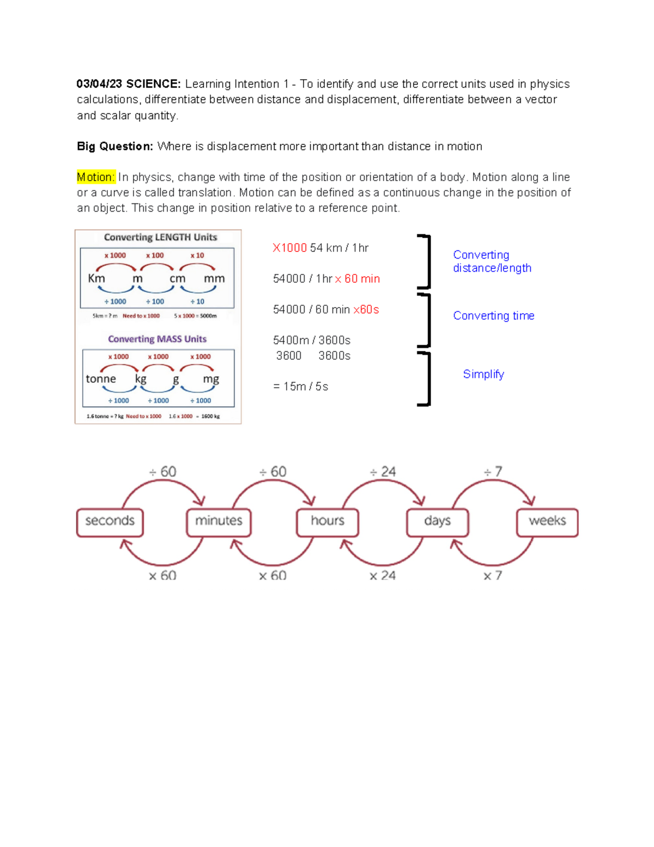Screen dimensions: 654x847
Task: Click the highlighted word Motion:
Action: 96,177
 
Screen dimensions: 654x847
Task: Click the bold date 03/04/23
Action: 99,84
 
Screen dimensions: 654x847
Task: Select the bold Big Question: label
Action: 114,146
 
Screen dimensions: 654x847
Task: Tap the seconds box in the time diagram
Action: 110,521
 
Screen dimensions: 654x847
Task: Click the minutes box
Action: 219,521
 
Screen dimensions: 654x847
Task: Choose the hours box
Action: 328,521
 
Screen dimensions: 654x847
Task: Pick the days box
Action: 437,521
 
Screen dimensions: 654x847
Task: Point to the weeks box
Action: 547,521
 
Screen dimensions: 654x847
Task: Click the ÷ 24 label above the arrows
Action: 383,472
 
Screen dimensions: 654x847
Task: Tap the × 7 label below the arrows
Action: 493,575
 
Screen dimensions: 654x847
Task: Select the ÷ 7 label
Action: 493,472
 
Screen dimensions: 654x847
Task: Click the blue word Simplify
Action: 483,374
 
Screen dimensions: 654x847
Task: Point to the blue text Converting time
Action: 493,316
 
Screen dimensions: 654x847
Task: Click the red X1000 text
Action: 289,248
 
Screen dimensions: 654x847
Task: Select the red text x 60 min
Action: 358,279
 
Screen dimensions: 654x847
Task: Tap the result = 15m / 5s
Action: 300,387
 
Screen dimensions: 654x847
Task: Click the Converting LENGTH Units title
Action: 160,237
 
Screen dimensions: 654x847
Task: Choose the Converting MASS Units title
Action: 157,339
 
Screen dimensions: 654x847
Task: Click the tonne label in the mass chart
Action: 101,379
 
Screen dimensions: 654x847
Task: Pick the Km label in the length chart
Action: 96,278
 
